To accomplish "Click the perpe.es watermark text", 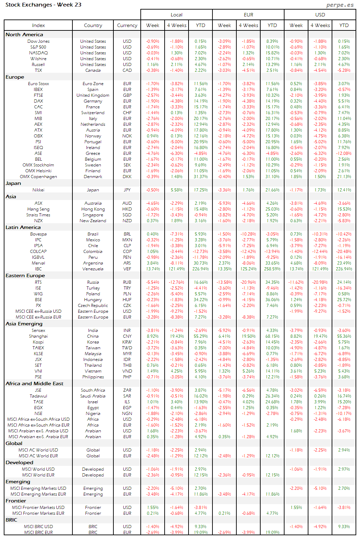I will click(x=340, y=5).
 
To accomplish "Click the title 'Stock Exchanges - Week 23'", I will click(x=43, y=5).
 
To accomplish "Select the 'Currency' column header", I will click(x=127, y=25).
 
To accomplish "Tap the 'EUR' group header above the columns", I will click(x=248, y=15).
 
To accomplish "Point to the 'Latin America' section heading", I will click(x=23, y=227).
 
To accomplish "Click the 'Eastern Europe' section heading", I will click(x=25, y=275).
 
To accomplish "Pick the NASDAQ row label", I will click(x=38, y=53).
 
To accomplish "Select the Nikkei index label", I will click(x=38, y=190).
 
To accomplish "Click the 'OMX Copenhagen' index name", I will click(x=38, y=177).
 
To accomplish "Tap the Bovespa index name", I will click(x=38, y=234).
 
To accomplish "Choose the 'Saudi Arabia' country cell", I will click(x=93, y=396).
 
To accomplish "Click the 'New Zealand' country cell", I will click(x=93, y=221).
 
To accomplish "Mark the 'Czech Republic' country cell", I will click(x=93, y=306).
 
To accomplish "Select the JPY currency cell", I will click(x=127, y=190).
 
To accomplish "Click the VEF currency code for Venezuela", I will click(x=127, y=269).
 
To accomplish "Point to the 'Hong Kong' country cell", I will click(x=93, y=209).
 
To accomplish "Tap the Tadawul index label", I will click(x=38, y=396).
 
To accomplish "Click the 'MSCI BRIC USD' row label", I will click(x=38, y=527).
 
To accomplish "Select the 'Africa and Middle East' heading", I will click(x=34, y=383).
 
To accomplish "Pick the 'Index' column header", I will click(x=38, y=25).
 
